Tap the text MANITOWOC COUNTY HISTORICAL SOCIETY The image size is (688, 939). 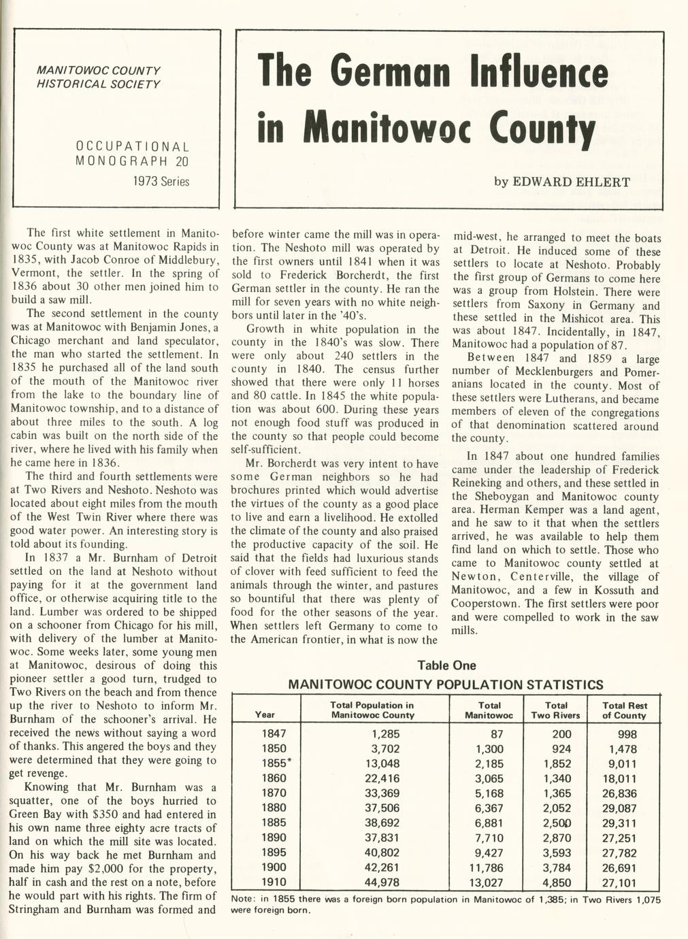99,78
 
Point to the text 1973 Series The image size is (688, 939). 161,182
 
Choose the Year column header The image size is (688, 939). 265,714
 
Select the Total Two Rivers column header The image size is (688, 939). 555,710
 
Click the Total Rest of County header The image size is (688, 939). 624,710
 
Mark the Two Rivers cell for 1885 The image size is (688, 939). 557,823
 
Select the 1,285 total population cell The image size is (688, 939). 385,734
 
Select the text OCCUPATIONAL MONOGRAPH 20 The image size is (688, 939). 133,154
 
